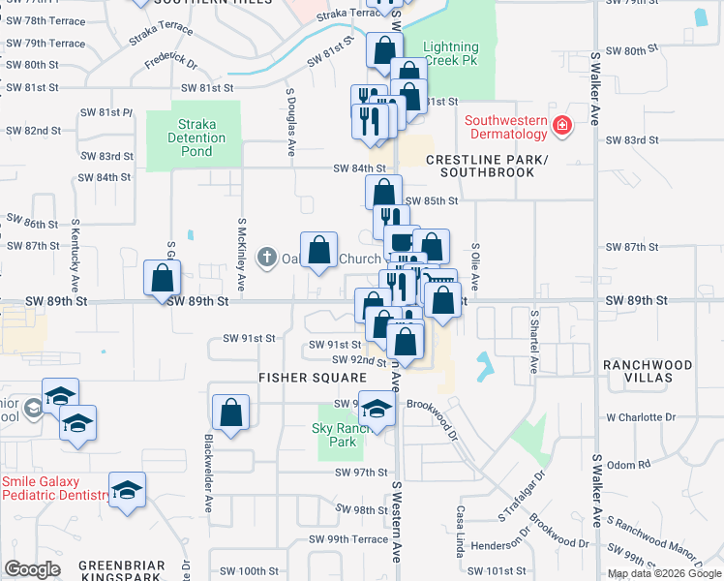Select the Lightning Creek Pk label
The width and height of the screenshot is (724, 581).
[x=451, y=53]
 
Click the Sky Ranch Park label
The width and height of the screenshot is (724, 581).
[x=335, y=435]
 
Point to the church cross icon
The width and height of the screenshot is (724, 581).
[x=267, y=259]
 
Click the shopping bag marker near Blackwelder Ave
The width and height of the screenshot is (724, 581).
[x=230, y=413]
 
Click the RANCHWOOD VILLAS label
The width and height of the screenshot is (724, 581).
[x=648, y=372]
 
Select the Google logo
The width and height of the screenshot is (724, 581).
[x=32, y=569]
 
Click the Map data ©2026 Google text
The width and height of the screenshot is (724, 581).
[x=663, y=573]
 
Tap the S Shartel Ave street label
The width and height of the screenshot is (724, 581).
[x=532, y=342]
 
